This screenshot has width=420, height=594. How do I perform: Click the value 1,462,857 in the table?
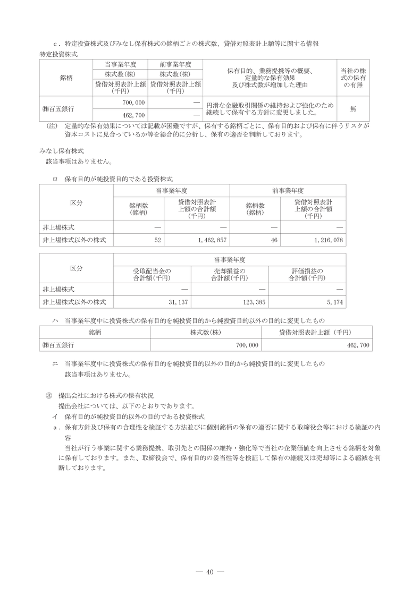[212, 241]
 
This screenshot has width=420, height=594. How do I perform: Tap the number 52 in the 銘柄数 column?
[157, 241]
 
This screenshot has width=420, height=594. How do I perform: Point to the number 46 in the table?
[274, 241]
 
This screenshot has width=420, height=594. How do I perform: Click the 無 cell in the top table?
[352, 108]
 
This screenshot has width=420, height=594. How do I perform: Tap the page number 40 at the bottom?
[209, 572]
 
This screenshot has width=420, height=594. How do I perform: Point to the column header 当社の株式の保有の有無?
[352, 78]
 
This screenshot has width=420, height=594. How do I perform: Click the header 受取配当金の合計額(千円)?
[152, 274]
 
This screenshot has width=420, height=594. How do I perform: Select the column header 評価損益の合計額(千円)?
[307, 274]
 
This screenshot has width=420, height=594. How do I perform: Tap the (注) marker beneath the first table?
[52, 126]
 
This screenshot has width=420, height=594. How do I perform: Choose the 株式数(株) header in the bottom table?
[205, 333]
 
